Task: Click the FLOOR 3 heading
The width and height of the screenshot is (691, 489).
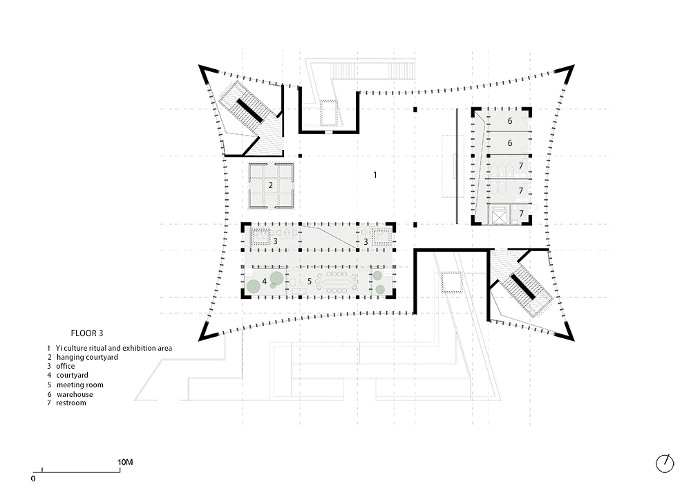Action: pyautogui.click(x=87, y=333)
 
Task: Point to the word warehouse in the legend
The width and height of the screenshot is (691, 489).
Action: pyautogui.click(x=75, y=394)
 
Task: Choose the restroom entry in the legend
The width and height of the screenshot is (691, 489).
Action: pyautogui.click(x=71, y=403)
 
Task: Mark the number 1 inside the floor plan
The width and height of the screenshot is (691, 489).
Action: pyautogui.click(x=375, y=175)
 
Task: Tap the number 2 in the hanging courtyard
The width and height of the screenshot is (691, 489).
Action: pyautogui.click(x=271, y=185)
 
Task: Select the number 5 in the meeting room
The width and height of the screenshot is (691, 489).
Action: pyautogui.click(x=310, y=282)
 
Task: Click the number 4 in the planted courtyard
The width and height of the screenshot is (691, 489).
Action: pyautogui.click(x=265, y=282)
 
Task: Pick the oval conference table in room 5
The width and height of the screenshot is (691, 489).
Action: pyautogui.click(x=338, y=282)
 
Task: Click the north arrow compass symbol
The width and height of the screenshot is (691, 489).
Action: pyautogui.click(x=665, y=464)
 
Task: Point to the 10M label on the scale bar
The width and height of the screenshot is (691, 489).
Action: pyautogui.click(x=125, y=462)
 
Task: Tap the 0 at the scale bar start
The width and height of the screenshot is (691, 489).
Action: pyautogui.click(x=33, y=479)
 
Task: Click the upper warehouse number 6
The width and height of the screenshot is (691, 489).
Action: pyautogui.click(x=510, y=121)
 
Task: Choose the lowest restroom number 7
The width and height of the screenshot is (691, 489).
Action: pyautogui.click(x=521, y=214)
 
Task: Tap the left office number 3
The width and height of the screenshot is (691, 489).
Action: pyautogui.click(x=276, y=241)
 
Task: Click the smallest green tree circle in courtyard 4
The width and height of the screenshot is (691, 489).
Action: pyautogui.click(x=273, y=286)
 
